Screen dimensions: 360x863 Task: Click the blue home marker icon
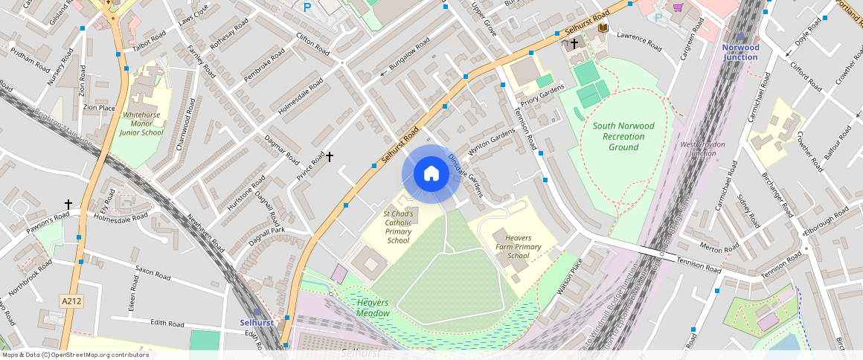pos(431,174)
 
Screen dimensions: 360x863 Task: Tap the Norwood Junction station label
pos(740,52)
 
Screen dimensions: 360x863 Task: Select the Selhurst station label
pos(256,322)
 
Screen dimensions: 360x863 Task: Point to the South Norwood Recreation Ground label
pos(623,136)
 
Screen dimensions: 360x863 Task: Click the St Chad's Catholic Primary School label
pos(398,227)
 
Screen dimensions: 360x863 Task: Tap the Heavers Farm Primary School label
pos(518,246)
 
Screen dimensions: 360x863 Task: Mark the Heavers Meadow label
pos(373,308)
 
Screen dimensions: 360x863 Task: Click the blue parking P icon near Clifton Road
pos(307,7)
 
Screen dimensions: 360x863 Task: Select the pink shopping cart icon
pos(678,7)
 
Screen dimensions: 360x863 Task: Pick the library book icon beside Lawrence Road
pos(603,28)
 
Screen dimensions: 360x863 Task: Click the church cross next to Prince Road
pos(329,157)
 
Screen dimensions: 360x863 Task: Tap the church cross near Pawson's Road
pos(68,204)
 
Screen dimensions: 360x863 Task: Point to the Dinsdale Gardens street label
pos(466,176)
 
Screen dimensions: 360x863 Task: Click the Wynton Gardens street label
pos(490,138)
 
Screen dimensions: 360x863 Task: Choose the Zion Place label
pos(99,107)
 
